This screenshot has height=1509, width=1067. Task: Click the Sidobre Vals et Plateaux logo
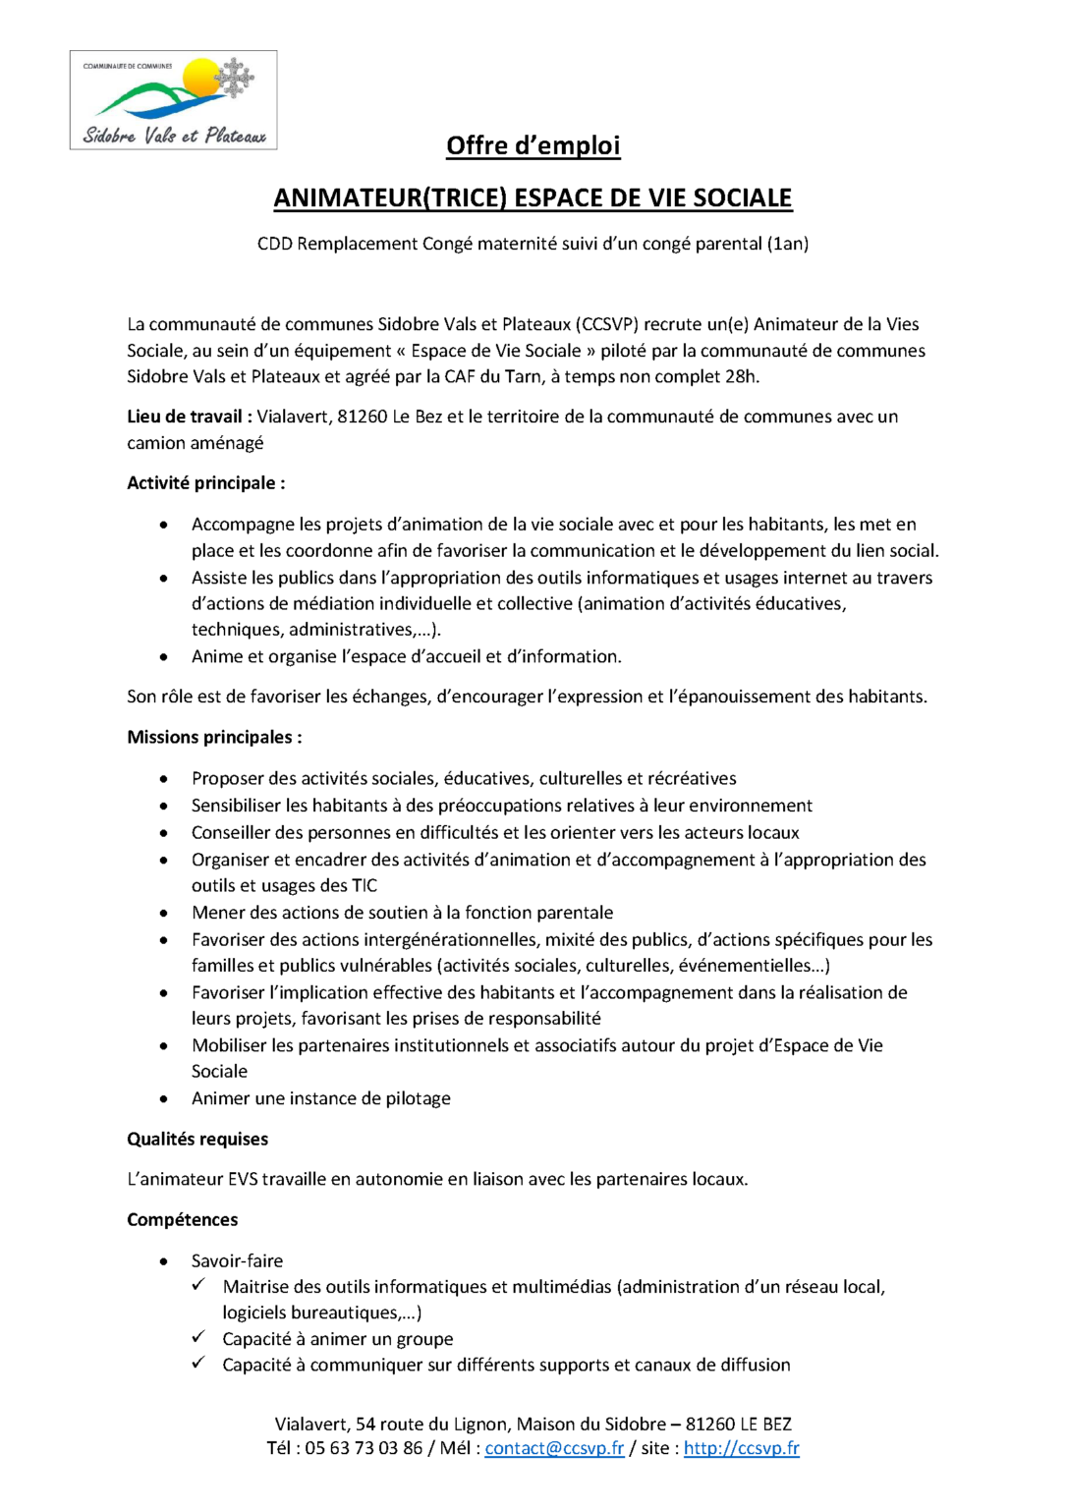tap(173, 100)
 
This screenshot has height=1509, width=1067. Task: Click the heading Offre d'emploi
tap(533, 145)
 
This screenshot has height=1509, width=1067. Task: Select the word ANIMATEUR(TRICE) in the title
tap(390, 197)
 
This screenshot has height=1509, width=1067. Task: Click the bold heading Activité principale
tap(205, 483)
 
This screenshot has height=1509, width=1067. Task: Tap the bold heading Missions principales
tap(214, 737)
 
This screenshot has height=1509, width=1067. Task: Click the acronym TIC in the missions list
tap(365, 885)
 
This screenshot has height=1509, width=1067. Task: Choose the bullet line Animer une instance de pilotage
tap(321, 1098)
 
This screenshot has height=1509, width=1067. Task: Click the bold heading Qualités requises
tap(197, 1140)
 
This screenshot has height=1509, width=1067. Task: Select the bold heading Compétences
tap(183, 1220)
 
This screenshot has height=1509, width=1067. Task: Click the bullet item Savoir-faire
tap(237, 1260)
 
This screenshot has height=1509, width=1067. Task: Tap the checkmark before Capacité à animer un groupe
tap(198, 1337)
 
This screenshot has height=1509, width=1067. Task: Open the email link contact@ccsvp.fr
tap(554, 1448)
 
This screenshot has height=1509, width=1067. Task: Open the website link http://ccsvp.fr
tap(741, 1448)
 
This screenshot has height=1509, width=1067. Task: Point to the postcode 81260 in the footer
tap(709, 1425)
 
